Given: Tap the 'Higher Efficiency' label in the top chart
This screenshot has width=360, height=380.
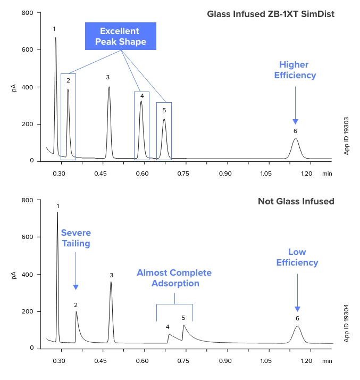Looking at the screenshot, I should pyautogui.click(x=295, y=70).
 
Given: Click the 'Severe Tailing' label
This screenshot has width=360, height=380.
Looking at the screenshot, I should pyautogui.click(x=76, y=238).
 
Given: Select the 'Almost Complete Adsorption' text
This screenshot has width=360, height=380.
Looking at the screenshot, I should pyautogui.click(x=174, y=278).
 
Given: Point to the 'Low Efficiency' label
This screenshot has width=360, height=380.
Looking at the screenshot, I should pyautogui.click(x=297, y=257).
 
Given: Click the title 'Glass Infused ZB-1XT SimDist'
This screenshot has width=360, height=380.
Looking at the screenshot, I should pyautogui.click(x=271, y=14).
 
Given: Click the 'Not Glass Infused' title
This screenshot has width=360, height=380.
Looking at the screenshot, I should pyautogui.click(x=296, y=201).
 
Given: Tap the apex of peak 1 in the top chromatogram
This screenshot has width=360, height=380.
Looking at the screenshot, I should pyautogui.click(x=55, y=38).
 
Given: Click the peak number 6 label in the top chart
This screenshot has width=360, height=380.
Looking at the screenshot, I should pyautogui.click(x=295, y=131).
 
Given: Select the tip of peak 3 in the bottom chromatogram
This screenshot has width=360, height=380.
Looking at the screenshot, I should pyautogui.click(x=111, y=282).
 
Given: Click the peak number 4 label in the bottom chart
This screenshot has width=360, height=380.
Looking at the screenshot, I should pyautogui.click(x=168, y=327).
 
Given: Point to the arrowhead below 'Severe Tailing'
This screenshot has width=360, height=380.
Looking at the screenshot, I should pyautogui.click(x=76, y=287).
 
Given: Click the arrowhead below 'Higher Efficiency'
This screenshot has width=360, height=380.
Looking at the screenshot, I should pyautogui.click(x=295, y=121).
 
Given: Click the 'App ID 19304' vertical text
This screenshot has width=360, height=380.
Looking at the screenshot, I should pyautogui.click(x=347, y=323).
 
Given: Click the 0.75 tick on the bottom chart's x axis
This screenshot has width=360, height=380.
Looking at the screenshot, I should pyautogui.click(x=183, y=360).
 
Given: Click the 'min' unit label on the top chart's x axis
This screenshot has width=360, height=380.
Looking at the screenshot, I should pyautogui.click(x=328, y=173).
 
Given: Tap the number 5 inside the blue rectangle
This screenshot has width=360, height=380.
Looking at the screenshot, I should pyautogui.click(x=164, y=110).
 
